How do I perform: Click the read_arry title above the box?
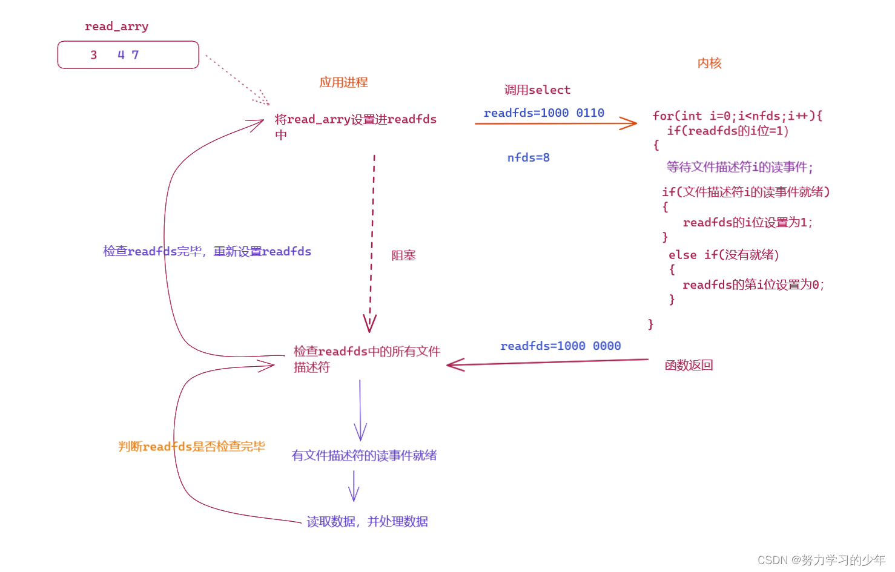point(116,27)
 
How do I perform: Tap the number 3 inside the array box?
point(94,55)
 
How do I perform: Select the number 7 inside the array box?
point(135,55)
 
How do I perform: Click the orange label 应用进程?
point(343,82)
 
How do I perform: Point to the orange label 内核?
point(709,64)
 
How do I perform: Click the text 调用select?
point(537,90)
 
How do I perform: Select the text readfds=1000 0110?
point(544,113)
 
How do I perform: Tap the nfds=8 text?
point(528,158)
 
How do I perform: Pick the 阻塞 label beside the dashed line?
point(403,255)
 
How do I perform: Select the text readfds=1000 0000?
point(560,346)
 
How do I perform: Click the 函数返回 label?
point(689,366)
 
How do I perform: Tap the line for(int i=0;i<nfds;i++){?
point(737,116)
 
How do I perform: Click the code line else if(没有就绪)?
point(724,255)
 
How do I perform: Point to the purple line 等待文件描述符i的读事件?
point(739,167)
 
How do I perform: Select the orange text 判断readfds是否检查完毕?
point(191,447)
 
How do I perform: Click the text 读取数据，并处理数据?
point(367,522)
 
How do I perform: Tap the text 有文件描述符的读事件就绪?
point(364,456)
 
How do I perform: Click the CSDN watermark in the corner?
point(821,560)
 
